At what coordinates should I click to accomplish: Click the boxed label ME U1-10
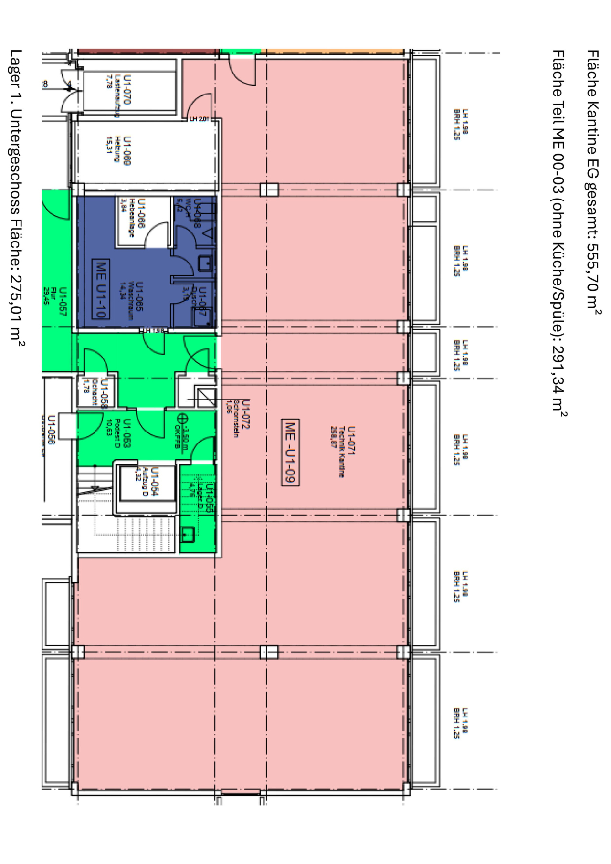coord(101,289)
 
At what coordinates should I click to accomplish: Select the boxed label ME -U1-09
coord(291,452)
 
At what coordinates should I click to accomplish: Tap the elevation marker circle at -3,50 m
coord(180,419)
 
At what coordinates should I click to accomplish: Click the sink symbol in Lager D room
coord(187,535)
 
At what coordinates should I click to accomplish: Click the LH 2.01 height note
coord(200,119)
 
